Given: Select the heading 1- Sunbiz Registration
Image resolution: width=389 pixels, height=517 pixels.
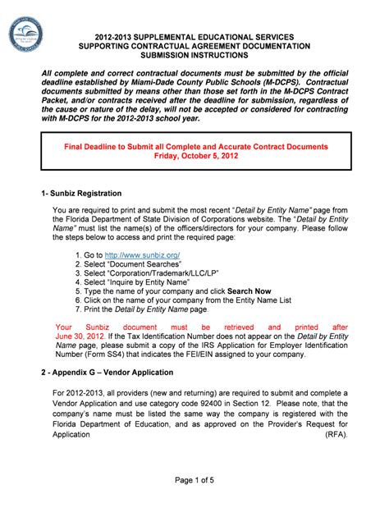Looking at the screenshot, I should point(82,194).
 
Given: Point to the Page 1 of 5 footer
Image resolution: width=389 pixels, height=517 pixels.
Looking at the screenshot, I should point(194,479).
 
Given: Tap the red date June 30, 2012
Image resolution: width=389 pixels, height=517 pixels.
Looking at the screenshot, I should point(79,337).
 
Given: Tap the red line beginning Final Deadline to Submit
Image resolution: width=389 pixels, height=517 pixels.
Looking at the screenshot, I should point(195,146).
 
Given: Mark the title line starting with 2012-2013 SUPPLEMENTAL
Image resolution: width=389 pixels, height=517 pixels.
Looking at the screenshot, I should point(195,36).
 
